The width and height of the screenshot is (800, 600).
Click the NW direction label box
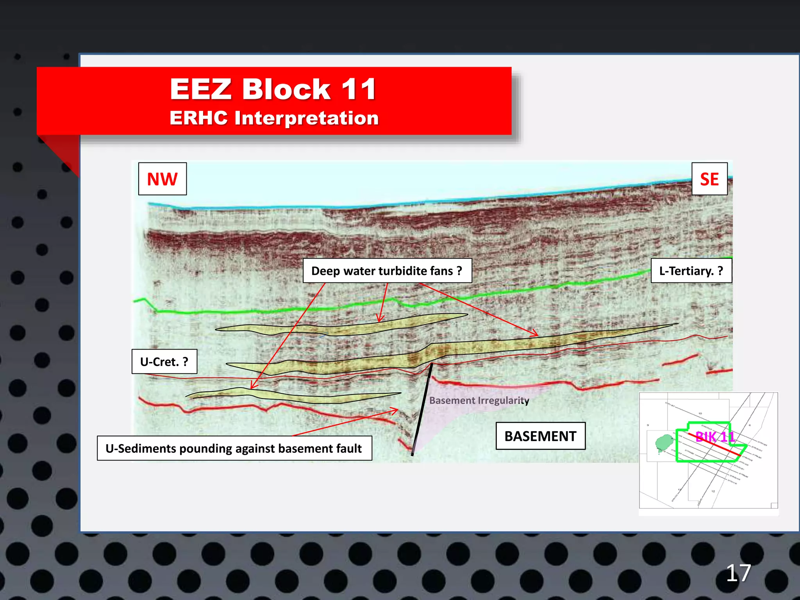coord(162,179)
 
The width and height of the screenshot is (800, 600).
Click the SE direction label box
coord(709,179)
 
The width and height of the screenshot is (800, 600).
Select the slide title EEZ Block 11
coord(273,89)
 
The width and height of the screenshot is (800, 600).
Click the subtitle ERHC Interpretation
coord(274,118)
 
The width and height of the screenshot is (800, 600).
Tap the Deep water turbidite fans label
coord(387,271)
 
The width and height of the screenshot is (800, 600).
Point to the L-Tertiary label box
coord(691,271)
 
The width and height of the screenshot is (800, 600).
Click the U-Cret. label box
coord(164,362)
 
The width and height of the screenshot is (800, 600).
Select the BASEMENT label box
coord(540,436)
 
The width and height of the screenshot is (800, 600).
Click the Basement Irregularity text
coord(479,400)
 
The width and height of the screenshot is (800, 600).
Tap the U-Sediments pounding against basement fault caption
coord(234,448)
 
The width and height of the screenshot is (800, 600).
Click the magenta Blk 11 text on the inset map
coord(715,436)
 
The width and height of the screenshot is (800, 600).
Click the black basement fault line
coord(422,408)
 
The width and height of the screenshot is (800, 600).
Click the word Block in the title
coord(286,89)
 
